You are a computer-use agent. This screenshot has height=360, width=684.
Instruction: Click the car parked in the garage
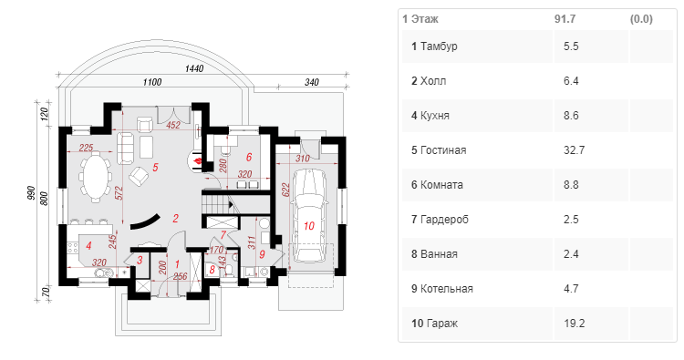coord(309,217)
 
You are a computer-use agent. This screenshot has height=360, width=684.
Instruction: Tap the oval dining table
coord(95,175)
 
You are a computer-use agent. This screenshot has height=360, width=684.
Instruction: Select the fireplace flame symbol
coord(197,160)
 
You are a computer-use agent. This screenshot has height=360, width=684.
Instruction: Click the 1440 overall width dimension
coord(194,68)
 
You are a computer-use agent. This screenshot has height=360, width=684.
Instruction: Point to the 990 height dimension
coord(31,193)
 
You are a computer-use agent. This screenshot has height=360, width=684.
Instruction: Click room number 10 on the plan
coord(309,226)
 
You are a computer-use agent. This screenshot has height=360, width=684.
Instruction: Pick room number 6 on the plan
coord(249,157)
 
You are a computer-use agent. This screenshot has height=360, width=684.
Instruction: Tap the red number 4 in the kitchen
coord(88,246)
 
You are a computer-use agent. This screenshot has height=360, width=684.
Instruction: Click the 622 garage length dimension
coord(285,190)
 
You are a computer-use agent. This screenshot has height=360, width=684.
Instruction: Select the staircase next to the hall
coord(216,203)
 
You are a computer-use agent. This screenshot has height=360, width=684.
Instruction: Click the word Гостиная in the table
coord(443,150)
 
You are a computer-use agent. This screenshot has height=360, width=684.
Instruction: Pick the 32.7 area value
coord(574,150)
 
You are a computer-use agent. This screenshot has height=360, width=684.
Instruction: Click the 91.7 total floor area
coord(565,19)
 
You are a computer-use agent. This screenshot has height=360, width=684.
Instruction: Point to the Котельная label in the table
coord(446,289)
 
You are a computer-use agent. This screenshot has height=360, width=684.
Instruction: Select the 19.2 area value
coord(574,324)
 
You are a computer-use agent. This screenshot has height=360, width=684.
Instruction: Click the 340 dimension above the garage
coord(312,82)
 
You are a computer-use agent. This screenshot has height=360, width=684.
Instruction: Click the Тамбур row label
coord(439,46)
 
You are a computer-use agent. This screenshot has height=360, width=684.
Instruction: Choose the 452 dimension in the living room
coord(173,125)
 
